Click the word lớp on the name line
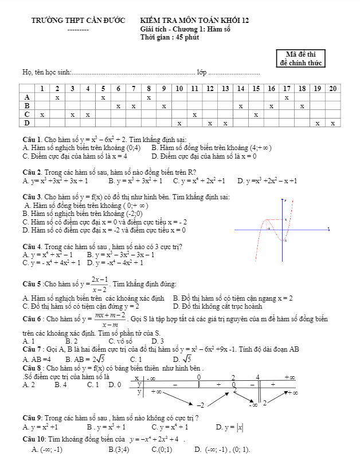(201, 73)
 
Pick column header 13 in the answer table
(225, 88)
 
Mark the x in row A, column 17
(287, 97)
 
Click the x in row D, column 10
(179, 123)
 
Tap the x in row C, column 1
(42, 115)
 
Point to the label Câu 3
(31, 197)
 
